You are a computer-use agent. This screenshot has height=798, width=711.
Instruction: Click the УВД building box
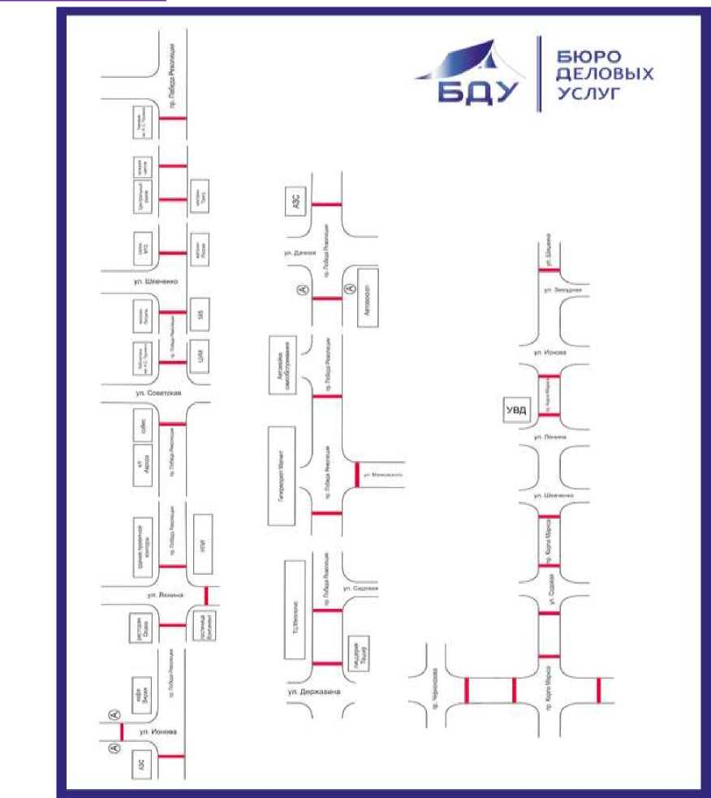516,410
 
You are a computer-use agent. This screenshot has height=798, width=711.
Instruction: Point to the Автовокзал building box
368,296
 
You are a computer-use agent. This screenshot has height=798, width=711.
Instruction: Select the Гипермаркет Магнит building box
282,474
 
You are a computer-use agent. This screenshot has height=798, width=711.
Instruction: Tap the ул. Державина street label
312,692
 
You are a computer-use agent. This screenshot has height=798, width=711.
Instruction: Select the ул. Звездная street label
563,290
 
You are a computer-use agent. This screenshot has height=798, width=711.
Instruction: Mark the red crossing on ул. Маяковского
356,474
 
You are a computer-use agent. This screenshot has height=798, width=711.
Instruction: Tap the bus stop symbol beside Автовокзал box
349,287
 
